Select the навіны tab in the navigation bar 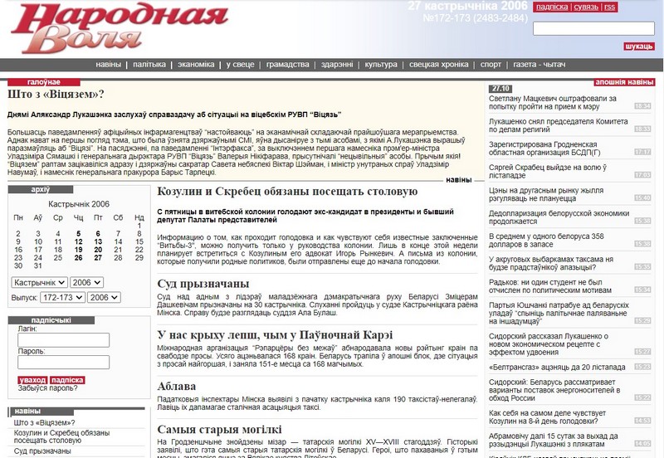108,64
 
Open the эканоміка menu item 196,64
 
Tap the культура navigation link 381,64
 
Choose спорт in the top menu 491,64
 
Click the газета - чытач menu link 539,64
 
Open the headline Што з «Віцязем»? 56,94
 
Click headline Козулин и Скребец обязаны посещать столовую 287,192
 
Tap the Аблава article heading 176,386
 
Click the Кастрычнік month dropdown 39,282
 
